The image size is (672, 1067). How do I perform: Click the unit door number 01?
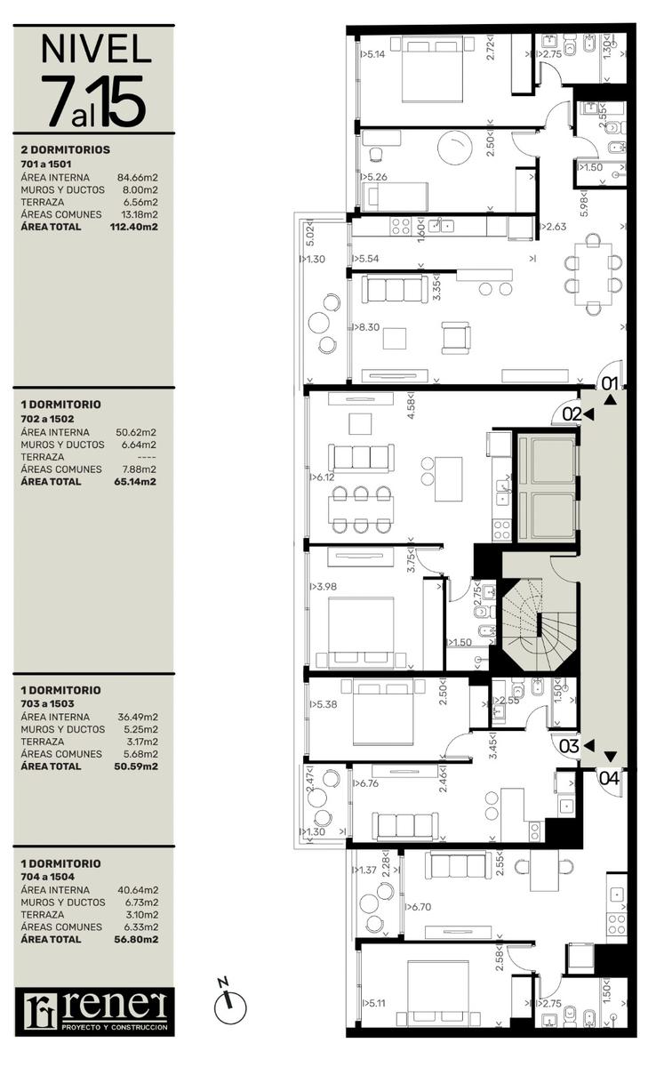point(610,383)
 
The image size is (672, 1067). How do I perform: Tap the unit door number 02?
point(572,414)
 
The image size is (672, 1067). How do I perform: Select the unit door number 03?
point(569,746)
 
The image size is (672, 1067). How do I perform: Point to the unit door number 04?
point(609,778)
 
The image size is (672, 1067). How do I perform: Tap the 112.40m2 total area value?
point(134,227)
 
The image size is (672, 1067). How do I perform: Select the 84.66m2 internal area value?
point(138,178)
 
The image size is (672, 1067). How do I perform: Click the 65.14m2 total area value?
point(135,482)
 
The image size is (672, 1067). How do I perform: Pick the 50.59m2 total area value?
point(136,766)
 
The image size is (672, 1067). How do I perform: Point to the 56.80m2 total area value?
point(136,939)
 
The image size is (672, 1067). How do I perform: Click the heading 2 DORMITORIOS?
point(65,149)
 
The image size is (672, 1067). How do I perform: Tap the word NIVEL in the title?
point(96,49)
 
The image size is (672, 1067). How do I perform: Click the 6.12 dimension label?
point(323,477)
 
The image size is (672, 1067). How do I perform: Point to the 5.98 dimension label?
point(584,204)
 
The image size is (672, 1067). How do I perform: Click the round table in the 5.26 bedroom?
point(455,148)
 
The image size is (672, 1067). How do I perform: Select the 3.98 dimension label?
point(324,586)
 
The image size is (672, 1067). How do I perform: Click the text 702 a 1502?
point(47,419)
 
